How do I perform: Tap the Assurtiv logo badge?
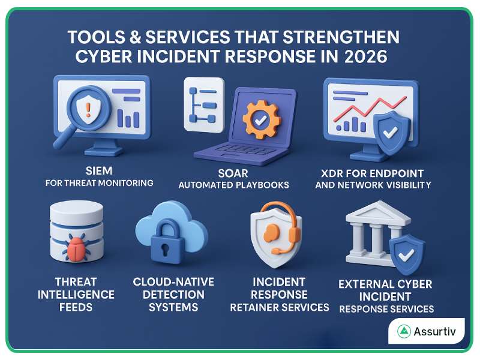coord(426,331)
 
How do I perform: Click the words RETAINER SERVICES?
coord(280,307)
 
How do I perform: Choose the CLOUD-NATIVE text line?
coord(173,282)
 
